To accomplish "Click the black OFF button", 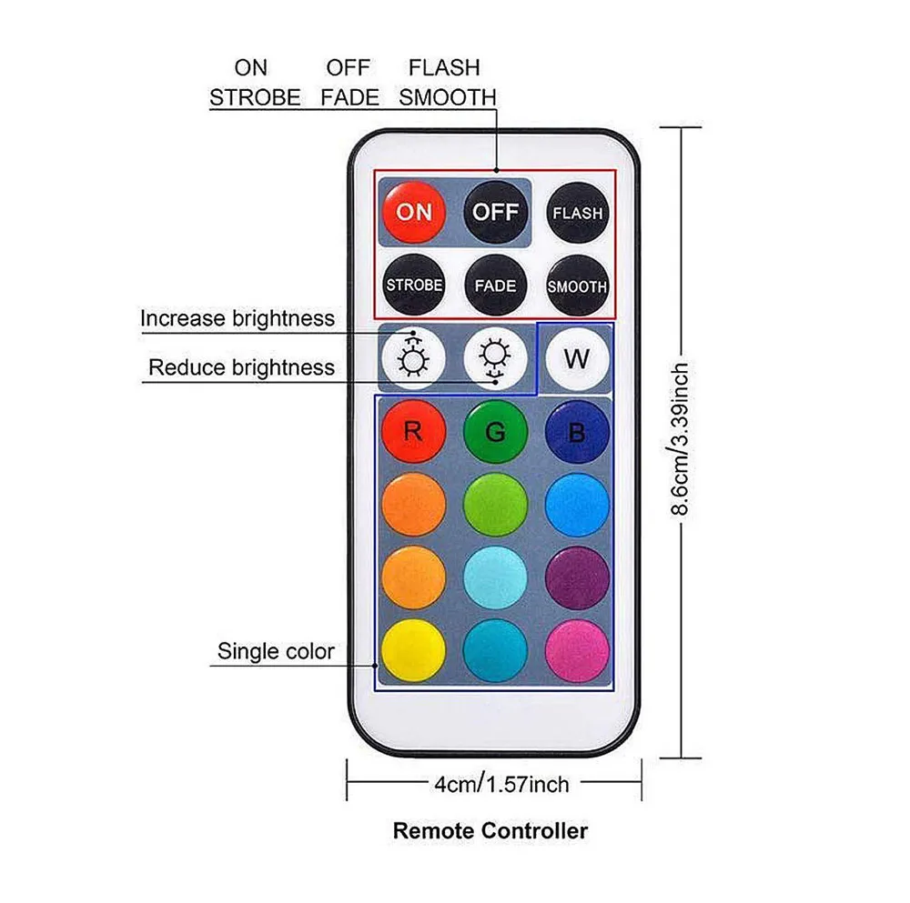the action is (495, 212).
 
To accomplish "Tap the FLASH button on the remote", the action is (577, 214).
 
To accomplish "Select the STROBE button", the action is (414, 285).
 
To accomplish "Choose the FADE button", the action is (495, 286).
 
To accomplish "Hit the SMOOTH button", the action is (577, 286).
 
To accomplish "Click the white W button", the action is (576, 358).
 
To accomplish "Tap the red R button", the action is (413, 431).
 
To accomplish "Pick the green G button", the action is (495, 431).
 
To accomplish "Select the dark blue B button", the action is (577, 431).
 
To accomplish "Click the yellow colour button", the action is (413, 649).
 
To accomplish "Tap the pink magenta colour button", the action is (577, 649).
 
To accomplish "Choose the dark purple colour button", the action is (577, 577).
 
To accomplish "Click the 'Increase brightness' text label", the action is (238, 318).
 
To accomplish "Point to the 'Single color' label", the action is (276, 651).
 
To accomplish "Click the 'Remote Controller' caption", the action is (490, 830).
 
